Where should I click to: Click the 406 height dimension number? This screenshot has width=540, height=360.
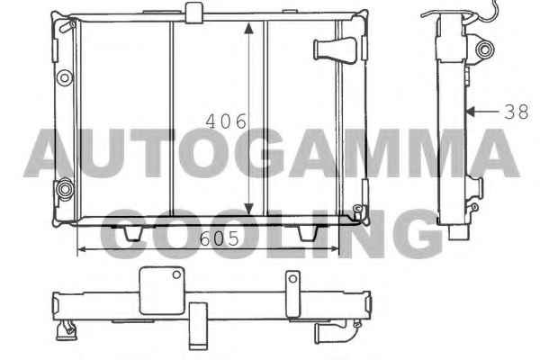(226, 121)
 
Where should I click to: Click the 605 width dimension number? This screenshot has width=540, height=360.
(219, 238)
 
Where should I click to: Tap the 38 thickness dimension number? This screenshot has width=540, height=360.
(517, 112)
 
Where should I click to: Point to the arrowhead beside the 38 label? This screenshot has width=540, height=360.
(470, 112)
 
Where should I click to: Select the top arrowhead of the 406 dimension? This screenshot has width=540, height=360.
(248, 28)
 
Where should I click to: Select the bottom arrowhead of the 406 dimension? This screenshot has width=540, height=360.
(248, 209)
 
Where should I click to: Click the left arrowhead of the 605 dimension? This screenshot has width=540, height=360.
(82, 248)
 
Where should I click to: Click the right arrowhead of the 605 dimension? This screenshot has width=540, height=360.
(335, 248)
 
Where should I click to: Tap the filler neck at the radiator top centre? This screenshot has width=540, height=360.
(193, 13)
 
